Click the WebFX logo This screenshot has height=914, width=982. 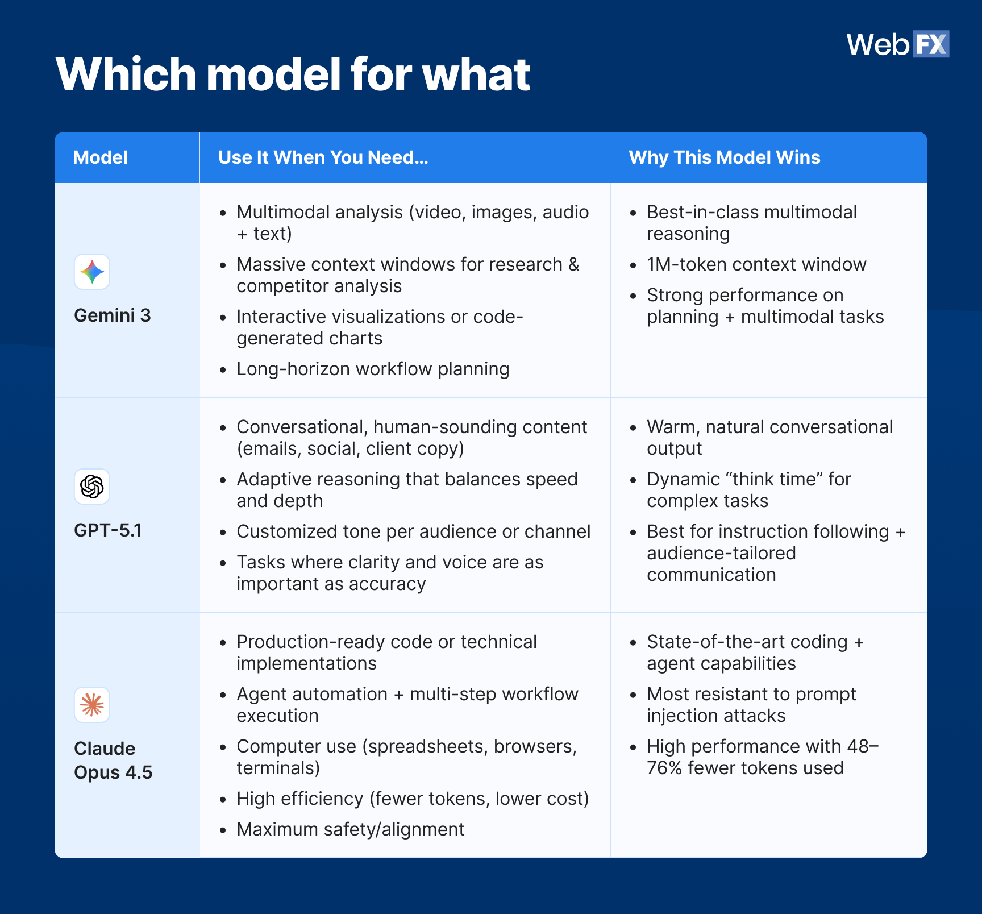[x=897, y=44]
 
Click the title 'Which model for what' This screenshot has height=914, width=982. [x=293, y=74]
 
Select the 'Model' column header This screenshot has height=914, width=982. [x=100, y=157]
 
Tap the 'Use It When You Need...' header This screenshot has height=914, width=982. [x=323, y=157]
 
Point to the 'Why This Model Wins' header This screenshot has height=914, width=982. [x=724, y=157]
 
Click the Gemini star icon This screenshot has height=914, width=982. [x=92, y=272]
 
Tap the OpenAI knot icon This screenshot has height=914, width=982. [x=92, y=487]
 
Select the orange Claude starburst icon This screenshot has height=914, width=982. [x=92, y=705]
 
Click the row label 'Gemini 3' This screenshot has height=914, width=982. [x=113, y=315]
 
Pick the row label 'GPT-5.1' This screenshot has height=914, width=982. [x=108, y=530]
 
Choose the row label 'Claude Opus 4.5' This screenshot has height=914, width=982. [x=113, y=761]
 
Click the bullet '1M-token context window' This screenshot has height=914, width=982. [x=756, y=264]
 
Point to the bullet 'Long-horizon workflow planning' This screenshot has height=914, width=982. [x=372, y=369]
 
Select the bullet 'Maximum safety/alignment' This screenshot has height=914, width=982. [x=350, y=829]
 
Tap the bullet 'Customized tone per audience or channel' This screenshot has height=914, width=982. [x=413, y=531]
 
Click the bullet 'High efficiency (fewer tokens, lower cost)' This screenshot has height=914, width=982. [x=412, y=799]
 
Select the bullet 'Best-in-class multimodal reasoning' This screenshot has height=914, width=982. [x=751, y=223]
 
